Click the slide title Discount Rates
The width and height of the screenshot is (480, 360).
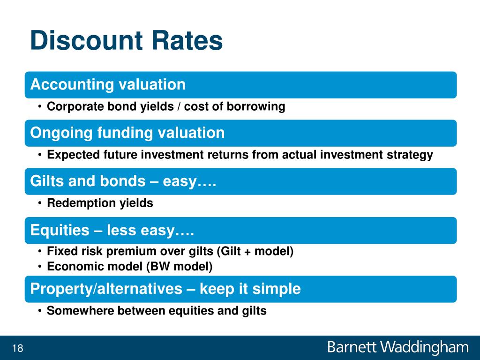pyautogui.click(x=127, y=40)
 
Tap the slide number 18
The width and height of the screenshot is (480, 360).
pyautogui.click(x=17, y=348)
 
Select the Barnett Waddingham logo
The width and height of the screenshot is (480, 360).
pyautogui.click(x=397, y=348)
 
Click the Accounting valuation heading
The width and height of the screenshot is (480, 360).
pyautogui.click(x=108, y=84)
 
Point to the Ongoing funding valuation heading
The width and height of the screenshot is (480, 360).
pyautogui.click(x=127, y=133)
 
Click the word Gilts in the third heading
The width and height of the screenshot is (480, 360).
pyautogui.click(x=47, y=181)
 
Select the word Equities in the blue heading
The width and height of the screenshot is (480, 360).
pyautogui.click(x=60, y=230)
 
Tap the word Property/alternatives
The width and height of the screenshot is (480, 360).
pyautogui.click(x=106, y=289)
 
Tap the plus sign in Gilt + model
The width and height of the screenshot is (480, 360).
pyautogui.click(x=248, y=252)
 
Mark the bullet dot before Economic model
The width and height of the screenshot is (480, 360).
pyautogui.click(x=40, y=267)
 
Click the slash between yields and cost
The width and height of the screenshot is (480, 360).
pyautogui.click(x=179, y=106)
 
